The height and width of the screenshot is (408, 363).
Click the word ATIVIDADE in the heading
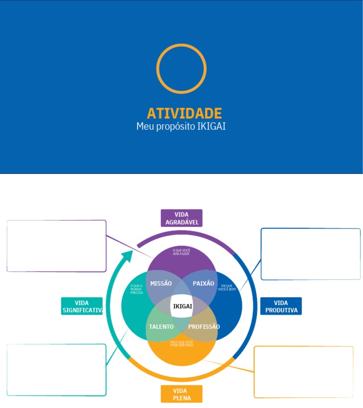184,113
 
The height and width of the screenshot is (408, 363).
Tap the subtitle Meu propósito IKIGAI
181,127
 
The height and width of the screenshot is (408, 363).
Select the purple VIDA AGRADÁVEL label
181,218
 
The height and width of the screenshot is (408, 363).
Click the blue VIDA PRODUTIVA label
281,306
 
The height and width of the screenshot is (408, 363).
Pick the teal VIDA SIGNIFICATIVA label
82,306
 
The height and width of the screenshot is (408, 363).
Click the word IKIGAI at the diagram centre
182,306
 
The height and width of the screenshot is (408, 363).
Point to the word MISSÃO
161,283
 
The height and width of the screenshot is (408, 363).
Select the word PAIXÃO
204,283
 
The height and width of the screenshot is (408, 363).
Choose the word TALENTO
161,326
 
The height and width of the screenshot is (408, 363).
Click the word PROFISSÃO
204,326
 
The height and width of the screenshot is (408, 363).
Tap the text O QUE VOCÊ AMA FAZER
181,252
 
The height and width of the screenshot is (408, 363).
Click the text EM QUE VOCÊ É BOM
227,287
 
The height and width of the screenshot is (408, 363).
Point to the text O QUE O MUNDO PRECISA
137,289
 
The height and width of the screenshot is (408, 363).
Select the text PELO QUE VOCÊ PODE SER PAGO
181,343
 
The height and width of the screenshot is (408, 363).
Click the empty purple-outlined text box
57,246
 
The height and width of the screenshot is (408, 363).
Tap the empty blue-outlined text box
311,254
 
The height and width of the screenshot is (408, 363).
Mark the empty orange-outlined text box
304,372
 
